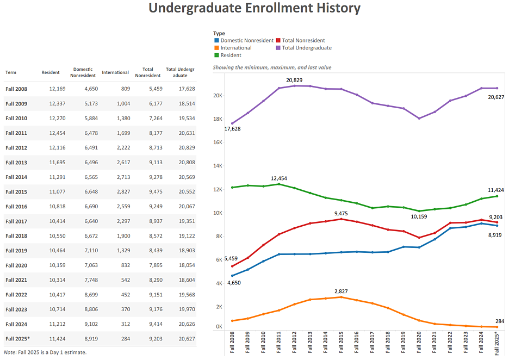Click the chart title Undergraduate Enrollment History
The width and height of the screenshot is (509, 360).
pos(254,8)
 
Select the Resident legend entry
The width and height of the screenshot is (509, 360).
pos(231,55)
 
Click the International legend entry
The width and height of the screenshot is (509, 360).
pos(235,48)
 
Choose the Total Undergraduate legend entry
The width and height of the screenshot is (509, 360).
pos(306,48)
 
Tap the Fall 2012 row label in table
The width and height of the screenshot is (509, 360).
pos(16,147)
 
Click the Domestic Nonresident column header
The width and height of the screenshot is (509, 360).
pos(83,72)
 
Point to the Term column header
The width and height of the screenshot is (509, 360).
pos(11,72)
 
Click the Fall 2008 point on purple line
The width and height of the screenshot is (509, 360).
pos(233,123)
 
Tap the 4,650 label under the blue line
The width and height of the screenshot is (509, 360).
pos(234,282)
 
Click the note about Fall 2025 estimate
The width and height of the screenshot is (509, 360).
pos(45,352)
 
